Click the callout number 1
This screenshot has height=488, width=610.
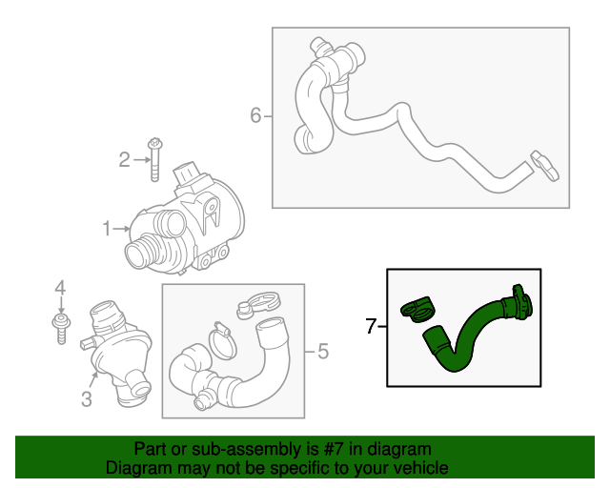point(108,228)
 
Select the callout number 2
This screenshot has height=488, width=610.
point(124,159)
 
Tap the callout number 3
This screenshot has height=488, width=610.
point(86,400)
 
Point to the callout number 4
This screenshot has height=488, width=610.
point(60,287)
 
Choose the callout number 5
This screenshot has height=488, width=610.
point(322,353)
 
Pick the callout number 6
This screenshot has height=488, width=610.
point(255,115)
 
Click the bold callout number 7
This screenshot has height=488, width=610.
point(372,327)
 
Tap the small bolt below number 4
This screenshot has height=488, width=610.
point(60,327)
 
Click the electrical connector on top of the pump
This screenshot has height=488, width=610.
point(189,177)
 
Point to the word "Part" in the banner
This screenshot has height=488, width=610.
point(151,449)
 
